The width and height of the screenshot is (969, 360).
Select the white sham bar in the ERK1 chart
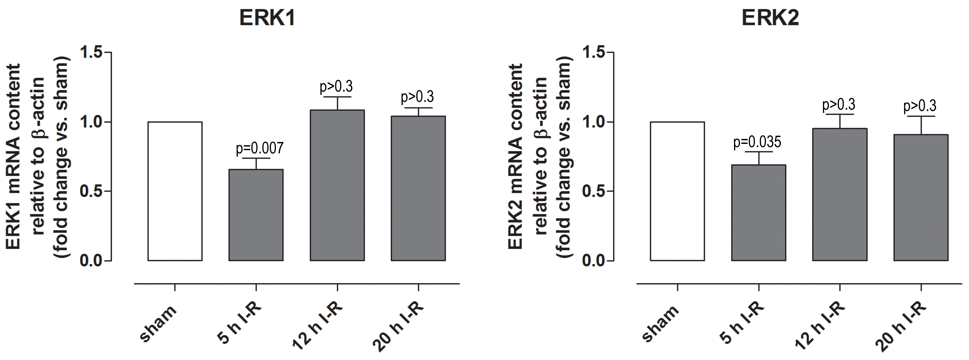(x=175, y=191)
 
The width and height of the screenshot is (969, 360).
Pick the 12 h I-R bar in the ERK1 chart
(x=337, y=185)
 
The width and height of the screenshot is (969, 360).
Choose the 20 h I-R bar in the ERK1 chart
(x=418, y=188)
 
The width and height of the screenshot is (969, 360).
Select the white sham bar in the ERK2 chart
(x=677, y=191)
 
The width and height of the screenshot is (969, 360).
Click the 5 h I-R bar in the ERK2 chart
(x=758, y=213)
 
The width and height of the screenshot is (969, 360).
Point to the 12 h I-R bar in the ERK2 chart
(x=840, y=194)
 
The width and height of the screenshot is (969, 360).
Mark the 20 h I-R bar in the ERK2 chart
(x=921, y=197)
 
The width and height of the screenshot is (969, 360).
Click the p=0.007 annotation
(x=260, y=148)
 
